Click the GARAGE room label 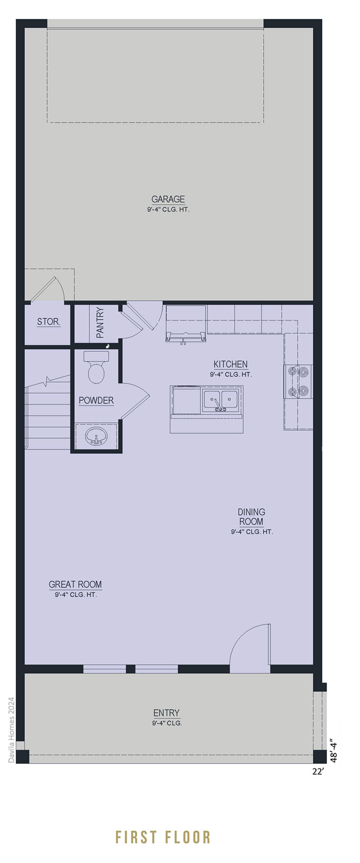pyautogui.click(x=168, y=199)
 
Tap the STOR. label pyautogui.click(x=48, y=322)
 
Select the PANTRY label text pyautogui.click(x=100, y=322)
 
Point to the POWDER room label pyautogui.click(x=96, y=400)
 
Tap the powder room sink pyautogui.click(x=96, y=435)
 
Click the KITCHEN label pyautogui.click(x=230, y=364)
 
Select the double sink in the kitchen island pyautogui.click(x=220, y=401)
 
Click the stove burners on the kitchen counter pyautogui.click(x=298, y=381)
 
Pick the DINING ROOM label pyautogui.click(x=252, y=517)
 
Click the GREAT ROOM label pyautogui.click(x=75, y=584)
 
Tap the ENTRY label pyautogui.click(x=166, y=713)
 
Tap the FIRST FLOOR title pyautogui.click(x=163, y=824)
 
